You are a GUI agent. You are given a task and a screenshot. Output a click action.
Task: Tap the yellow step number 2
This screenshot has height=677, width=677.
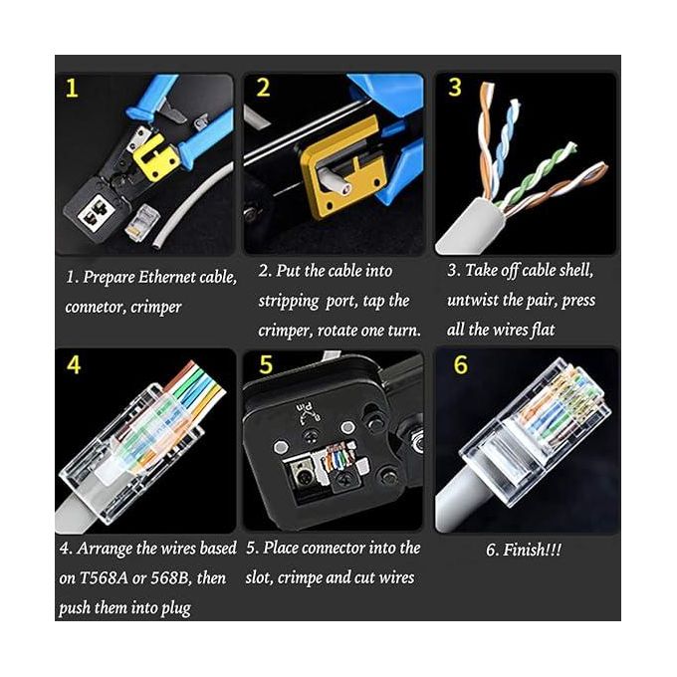pos(263,89)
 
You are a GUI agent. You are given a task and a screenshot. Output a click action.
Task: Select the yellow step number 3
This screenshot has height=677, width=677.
pos(455,88)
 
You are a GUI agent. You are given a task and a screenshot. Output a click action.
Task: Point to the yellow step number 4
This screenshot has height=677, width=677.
pos(74,365)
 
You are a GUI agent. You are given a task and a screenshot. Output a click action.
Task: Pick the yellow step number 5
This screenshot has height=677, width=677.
pos(266,365)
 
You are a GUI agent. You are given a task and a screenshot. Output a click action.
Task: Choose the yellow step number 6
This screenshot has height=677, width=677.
pos(460,365)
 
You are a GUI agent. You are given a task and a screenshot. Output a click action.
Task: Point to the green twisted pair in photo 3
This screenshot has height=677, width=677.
pos(538,174)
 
